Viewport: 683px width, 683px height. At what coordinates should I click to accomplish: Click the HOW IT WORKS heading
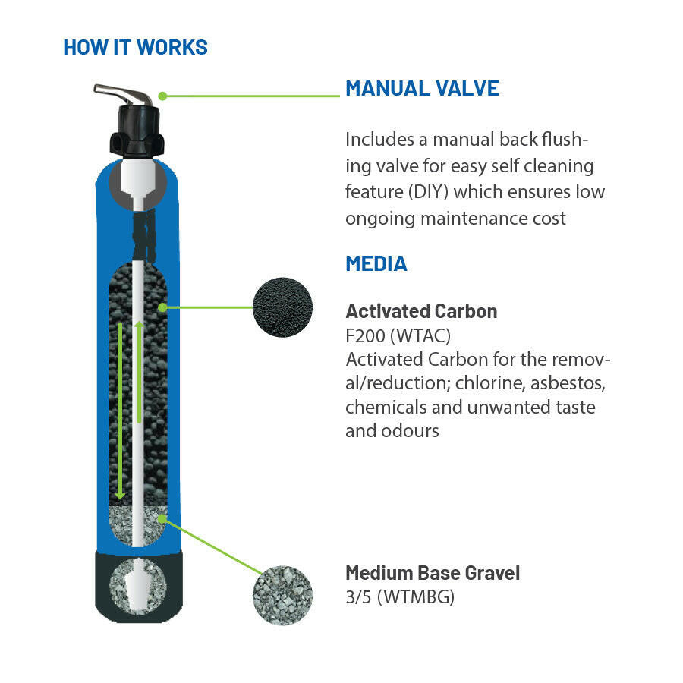point(135,47)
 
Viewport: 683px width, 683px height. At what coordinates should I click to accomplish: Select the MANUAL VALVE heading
point(422,88)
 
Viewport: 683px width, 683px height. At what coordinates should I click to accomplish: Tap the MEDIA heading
point(376,263)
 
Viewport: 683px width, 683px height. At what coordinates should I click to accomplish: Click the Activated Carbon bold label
point(421,311)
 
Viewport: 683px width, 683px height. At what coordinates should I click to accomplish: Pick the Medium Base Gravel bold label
point(433,573)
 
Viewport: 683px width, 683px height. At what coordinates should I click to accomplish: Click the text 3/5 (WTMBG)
point(400,596)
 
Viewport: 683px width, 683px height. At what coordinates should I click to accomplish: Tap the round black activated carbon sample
point(282,307)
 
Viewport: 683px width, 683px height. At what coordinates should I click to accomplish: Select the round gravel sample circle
point(282,595)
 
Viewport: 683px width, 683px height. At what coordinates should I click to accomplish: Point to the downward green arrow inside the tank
point(120,410)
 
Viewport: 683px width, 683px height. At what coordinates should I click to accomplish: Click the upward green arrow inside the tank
point(139,372)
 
